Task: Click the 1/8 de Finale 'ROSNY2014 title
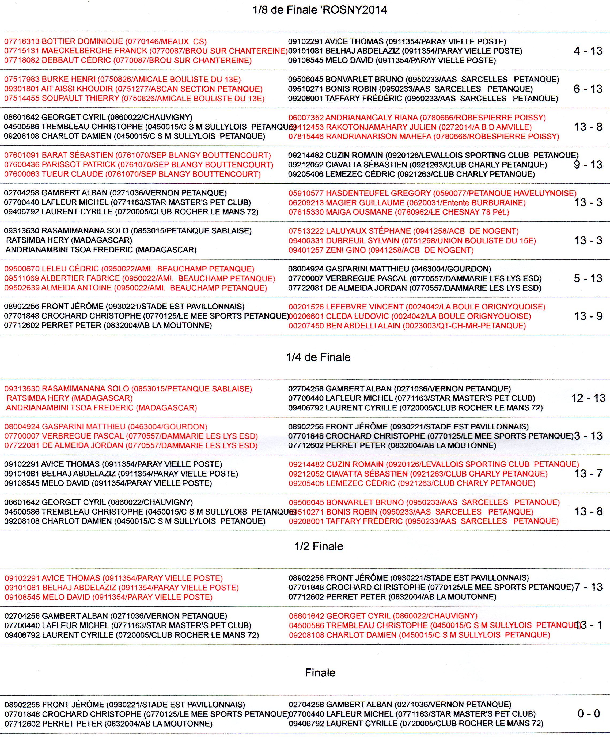[320, 10]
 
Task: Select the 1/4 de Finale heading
[318, 357]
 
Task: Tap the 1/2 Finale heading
[319, 546]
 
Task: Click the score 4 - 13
[588, 51]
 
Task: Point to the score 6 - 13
[588, 89]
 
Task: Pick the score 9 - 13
[588, 165]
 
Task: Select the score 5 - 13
[588, 279]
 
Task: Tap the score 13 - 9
[588, 316]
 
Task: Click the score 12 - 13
[588, 398]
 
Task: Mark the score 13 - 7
[588, 474]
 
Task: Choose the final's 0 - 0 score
[589, 713]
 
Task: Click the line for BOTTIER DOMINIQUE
[105, 41]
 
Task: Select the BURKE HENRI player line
[122, 79]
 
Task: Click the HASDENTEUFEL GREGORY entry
[432, 193]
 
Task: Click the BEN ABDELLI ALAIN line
[407, 326]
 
